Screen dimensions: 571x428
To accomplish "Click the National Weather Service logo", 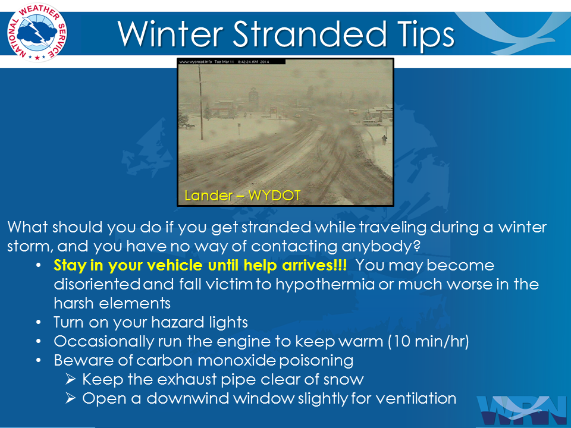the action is coord(37,32).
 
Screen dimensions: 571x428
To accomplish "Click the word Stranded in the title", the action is coord(309,34).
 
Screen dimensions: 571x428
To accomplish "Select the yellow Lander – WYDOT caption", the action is coord(243,196).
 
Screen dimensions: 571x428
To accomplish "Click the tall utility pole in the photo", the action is coord(200,97).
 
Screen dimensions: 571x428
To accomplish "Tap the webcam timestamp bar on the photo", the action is coord(231,62).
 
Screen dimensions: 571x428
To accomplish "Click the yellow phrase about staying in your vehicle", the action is coord(200,266).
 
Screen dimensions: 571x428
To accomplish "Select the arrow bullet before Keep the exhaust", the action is coord(71,379).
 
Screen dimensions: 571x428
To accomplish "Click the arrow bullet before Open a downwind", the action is coord(71,398).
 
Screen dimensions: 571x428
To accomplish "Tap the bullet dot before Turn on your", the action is coord(39,323).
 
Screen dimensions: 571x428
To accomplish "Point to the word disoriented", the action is coord(97,285).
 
